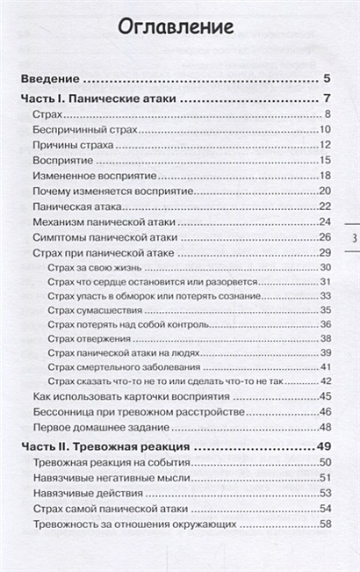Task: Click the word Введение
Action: [x=51, y=77]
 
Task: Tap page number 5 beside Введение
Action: [x=325, y=77]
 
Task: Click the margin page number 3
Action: [x=352, y=238]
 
